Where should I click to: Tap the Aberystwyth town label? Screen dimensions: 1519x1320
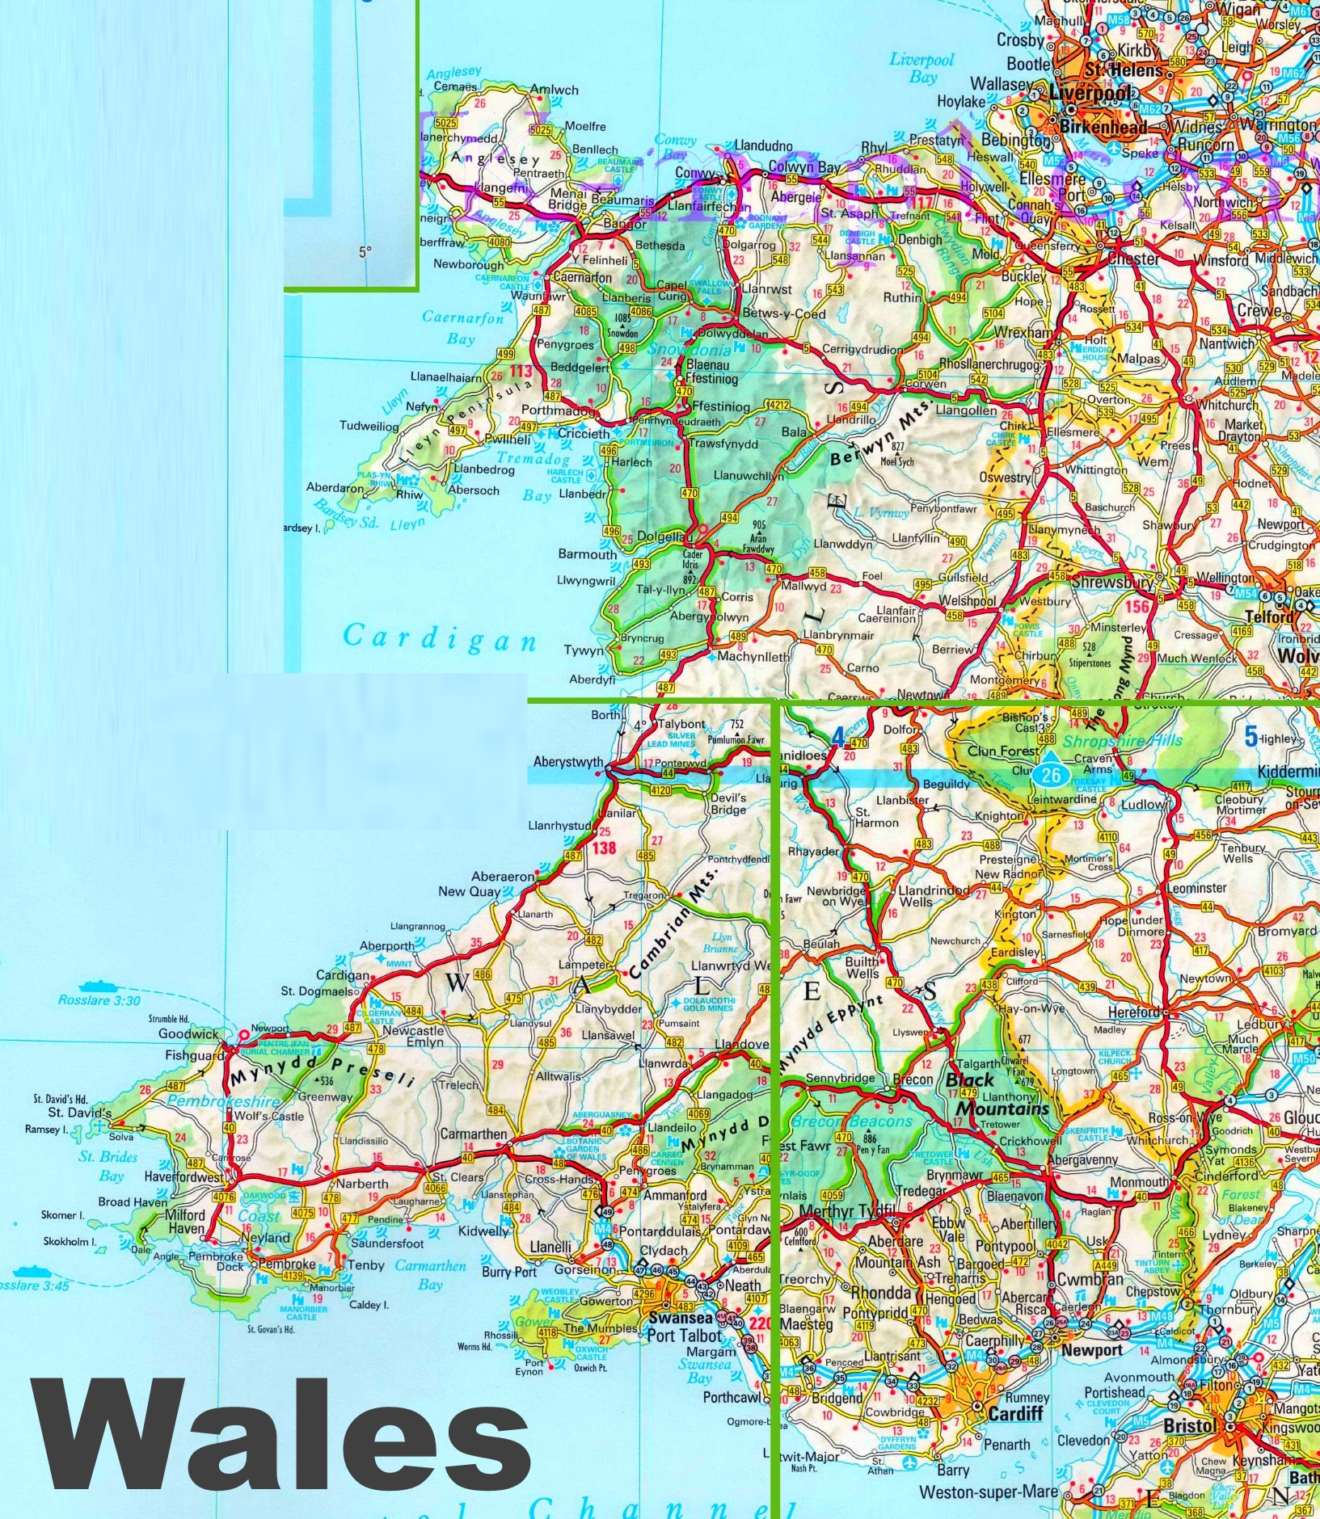568,762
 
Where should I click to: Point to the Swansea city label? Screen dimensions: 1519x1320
680,1318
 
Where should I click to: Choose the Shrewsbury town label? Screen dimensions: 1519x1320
1111,582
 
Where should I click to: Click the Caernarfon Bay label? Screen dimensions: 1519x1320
462,327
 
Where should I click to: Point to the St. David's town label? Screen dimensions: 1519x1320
79,1113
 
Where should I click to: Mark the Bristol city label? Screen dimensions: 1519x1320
1189,1426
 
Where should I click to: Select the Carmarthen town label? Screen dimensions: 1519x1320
474,1134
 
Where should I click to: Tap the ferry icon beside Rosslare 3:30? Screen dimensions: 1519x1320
94,986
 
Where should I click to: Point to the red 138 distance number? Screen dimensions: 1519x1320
603,848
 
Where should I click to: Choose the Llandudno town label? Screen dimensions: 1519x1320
763,146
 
